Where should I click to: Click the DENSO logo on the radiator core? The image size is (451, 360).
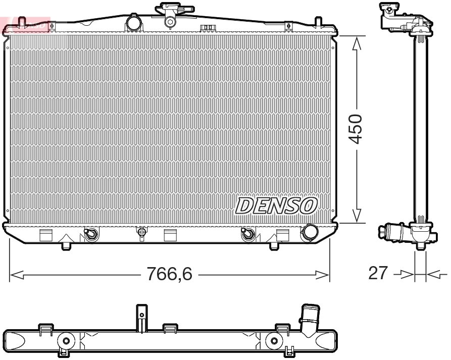click(276, 205)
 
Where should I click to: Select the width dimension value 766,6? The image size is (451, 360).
click(169, 274)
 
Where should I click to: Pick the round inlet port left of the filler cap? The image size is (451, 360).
click(133, 23)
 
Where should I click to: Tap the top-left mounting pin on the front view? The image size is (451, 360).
click(21, 21)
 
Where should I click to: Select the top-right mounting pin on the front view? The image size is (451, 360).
click(318, 21)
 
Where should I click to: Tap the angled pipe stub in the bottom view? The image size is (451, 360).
click(309, 320)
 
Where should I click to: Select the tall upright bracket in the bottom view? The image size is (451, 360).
click(142, 317)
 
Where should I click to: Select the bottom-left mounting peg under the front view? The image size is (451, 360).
click(67, 245)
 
